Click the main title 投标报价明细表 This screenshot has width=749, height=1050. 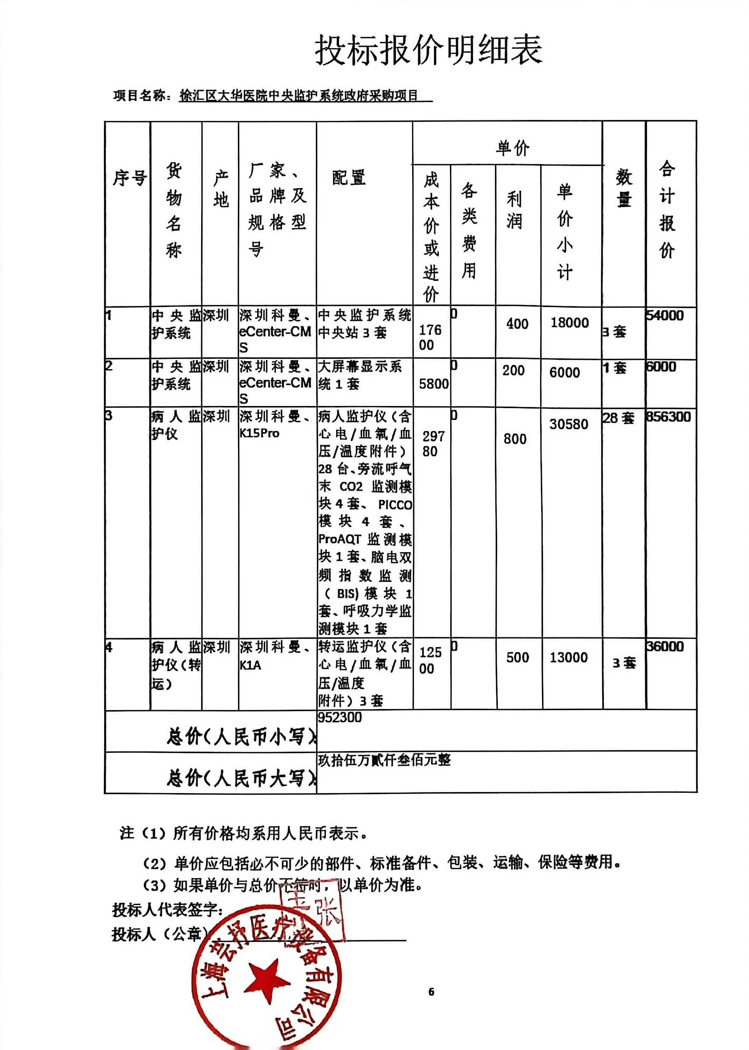tap(429, 50)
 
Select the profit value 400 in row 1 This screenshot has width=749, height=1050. tap(517, 324)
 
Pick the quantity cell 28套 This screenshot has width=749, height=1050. tap(618, 418)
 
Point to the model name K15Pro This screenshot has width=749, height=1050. tap(259, 433)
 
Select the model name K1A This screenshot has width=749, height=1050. tap(250, 665)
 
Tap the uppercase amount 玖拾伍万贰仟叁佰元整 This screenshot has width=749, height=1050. tap(384, 760)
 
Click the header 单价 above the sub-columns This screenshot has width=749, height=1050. tap(513, 148)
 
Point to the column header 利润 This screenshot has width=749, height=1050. tap(514, 210)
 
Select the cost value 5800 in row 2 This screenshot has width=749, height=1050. tap(433, 384)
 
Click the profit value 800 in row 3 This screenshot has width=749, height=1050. tap(515, 439)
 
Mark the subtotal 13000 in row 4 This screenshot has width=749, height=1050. tap(568, 657)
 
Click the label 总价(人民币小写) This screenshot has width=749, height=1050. tap(241, 736)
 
